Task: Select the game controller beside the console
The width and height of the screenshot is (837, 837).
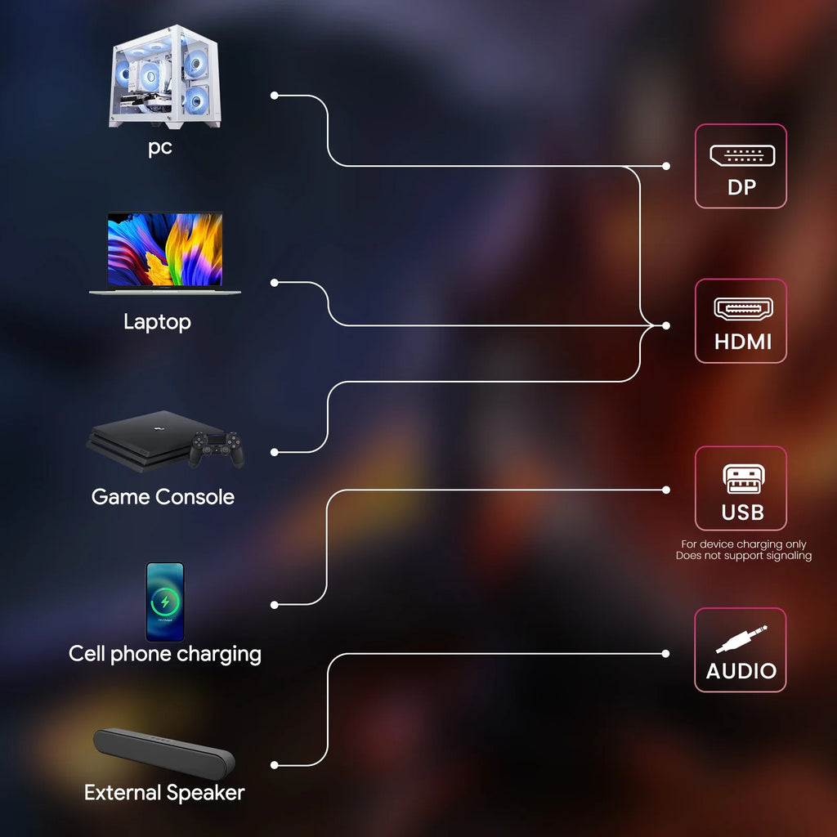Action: click(217, 449)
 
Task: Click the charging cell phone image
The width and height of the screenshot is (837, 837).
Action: click(165, 601)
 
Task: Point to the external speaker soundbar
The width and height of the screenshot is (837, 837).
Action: click(164, 753)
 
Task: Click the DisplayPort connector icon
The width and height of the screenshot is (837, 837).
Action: click(741, 155)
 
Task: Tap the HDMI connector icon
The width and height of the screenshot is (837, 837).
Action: click(741, 309)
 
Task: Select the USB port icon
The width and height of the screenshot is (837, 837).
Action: click(742, 479)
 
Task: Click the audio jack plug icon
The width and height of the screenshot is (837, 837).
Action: click(741, 638)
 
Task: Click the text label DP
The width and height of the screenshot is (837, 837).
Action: click(741, 187)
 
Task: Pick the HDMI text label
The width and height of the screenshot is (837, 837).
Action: click(742, 342)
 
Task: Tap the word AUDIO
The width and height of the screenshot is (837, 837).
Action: click(741, 672)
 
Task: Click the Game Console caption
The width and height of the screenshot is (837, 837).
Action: click(163, 497)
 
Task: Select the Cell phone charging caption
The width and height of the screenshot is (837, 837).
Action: click(165, 654)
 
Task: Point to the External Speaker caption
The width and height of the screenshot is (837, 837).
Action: click(164, 792)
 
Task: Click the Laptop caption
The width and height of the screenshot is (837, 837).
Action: click(157, 322)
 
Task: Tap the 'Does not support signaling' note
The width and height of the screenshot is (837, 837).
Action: click(743, 556)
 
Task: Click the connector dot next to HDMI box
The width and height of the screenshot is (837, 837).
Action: click(666, 325)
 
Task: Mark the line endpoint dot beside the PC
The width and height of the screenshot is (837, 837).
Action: click(275, 96)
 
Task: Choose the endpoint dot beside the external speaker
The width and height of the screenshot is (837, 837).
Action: click(275, 765)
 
